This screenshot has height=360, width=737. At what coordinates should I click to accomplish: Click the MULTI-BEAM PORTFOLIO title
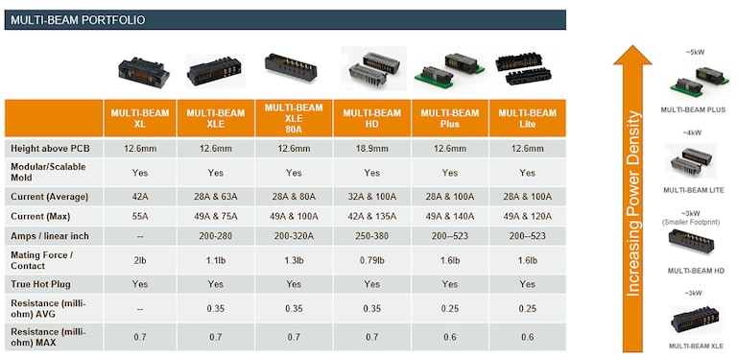pos(66,19)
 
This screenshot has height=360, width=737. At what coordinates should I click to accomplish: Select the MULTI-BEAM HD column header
pos(371,118)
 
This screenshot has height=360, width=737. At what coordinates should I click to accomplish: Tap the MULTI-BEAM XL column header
pos(141,118)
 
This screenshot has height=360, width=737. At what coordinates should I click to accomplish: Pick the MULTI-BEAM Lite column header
pos(526,118)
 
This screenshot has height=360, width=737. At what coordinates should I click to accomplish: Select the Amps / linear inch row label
pos(52,234)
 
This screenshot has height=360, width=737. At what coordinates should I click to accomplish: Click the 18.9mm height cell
pos(371,149)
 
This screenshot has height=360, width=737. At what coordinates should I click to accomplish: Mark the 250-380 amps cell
pos(371,234)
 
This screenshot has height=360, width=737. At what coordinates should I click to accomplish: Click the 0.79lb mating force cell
pos(371,259)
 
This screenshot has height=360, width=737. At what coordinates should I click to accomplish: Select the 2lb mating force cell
pos(141,259)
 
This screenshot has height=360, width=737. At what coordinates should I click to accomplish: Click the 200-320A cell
pos(295,234)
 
